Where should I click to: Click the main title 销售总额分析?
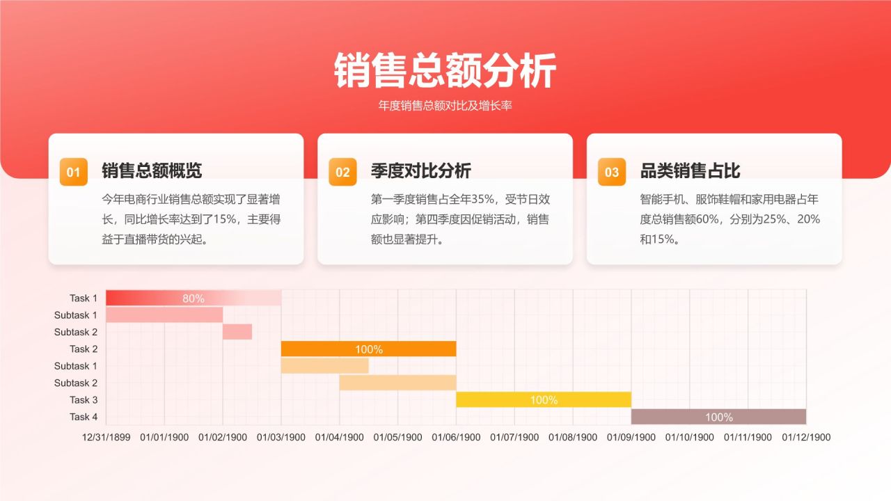point(445,70)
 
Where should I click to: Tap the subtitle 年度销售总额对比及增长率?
point(445,106)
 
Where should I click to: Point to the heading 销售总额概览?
point(152,170)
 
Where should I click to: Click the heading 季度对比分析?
point(420,170)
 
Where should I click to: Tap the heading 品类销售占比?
point(690,170)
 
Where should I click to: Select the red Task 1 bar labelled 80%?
point(194,299)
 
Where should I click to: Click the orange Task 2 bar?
point(368,349)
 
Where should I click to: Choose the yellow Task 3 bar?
point(544,400)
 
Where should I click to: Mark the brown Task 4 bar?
point(718,417)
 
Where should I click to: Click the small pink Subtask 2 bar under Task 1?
point(237,332)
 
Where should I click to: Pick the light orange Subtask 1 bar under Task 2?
point(324,366)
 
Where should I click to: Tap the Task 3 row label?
point(84,400)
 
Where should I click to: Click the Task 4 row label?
point(84,417)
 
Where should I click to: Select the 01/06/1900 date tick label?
point(456,438)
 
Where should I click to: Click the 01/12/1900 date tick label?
point(806,438)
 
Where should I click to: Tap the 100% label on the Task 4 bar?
point(718,417)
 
